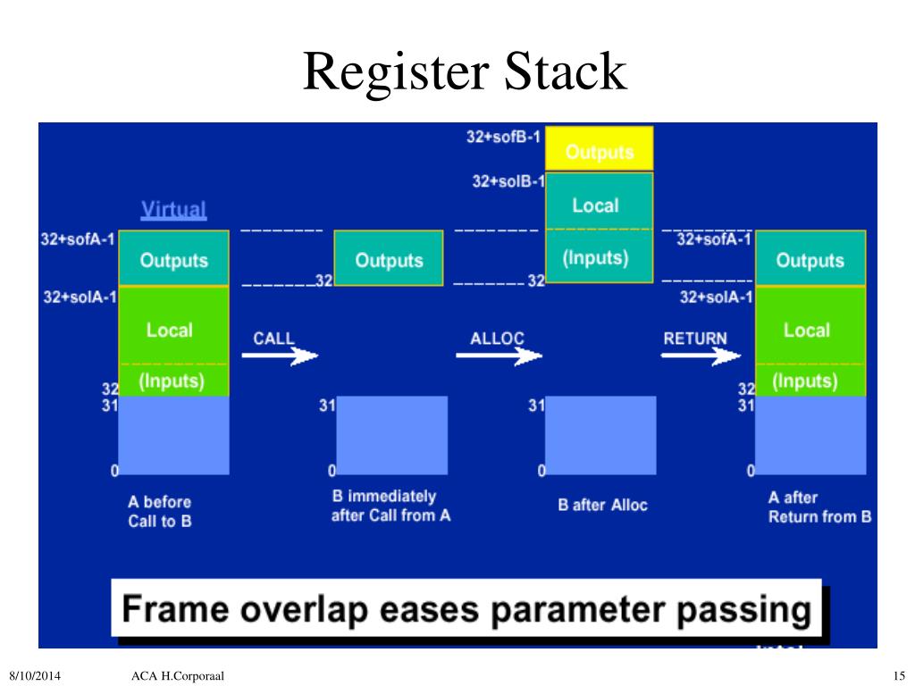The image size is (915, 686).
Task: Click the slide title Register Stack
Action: click(x=464, y=72)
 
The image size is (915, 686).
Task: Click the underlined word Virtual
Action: click(x=173, y=210)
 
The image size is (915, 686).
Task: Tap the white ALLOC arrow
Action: click(x=499, y=356)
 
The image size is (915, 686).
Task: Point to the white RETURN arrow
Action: click(x=701, y=356)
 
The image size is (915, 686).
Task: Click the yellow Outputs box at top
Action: click(x=600, y=151)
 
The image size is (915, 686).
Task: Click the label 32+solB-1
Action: click(x=508, y=181)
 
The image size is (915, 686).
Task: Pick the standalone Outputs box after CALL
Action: click(x=389, y=260)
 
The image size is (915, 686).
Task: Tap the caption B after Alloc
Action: click(x=602, y=505)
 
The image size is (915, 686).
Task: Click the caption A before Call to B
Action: click(x=160, y=511)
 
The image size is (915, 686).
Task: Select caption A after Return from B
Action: click(x=819, y=507)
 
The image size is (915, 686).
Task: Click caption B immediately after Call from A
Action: click(x=390, y=506)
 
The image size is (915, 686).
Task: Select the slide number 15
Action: click(x=899, y=674)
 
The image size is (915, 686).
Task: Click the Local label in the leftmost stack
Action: click(x=170, y=330)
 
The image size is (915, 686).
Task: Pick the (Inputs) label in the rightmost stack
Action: click(x=804, y=381)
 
